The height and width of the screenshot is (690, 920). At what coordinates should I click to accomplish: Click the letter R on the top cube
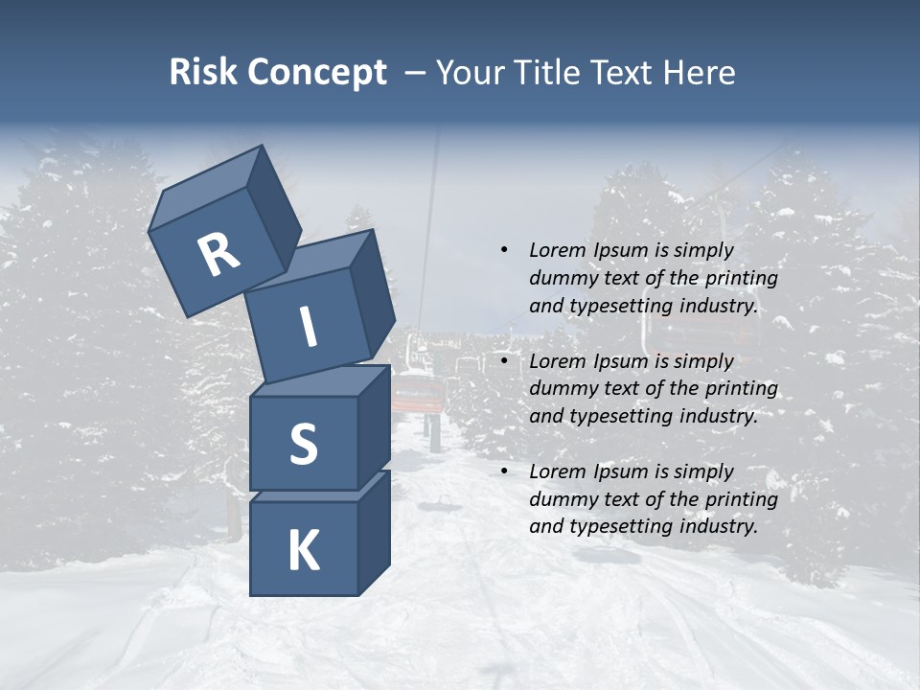tap(218, 255)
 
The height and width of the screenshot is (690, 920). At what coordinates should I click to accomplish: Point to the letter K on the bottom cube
tap(303, 551)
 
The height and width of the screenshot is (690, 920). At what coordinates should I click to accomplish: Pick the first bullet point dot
tap(504, 250)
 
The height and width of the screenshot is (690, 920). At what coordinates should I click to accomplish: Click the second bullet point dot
tap(504, 361)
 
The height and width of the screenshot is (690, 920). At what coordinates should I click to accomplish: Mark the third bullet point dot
tap(504, 471)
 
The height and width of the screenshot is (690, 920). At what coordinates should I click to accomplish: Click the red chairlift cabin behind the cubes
tap(418, 392)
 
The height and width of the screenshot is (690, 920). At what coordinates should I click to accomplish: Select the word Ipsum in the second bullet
tap(622, 361)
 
